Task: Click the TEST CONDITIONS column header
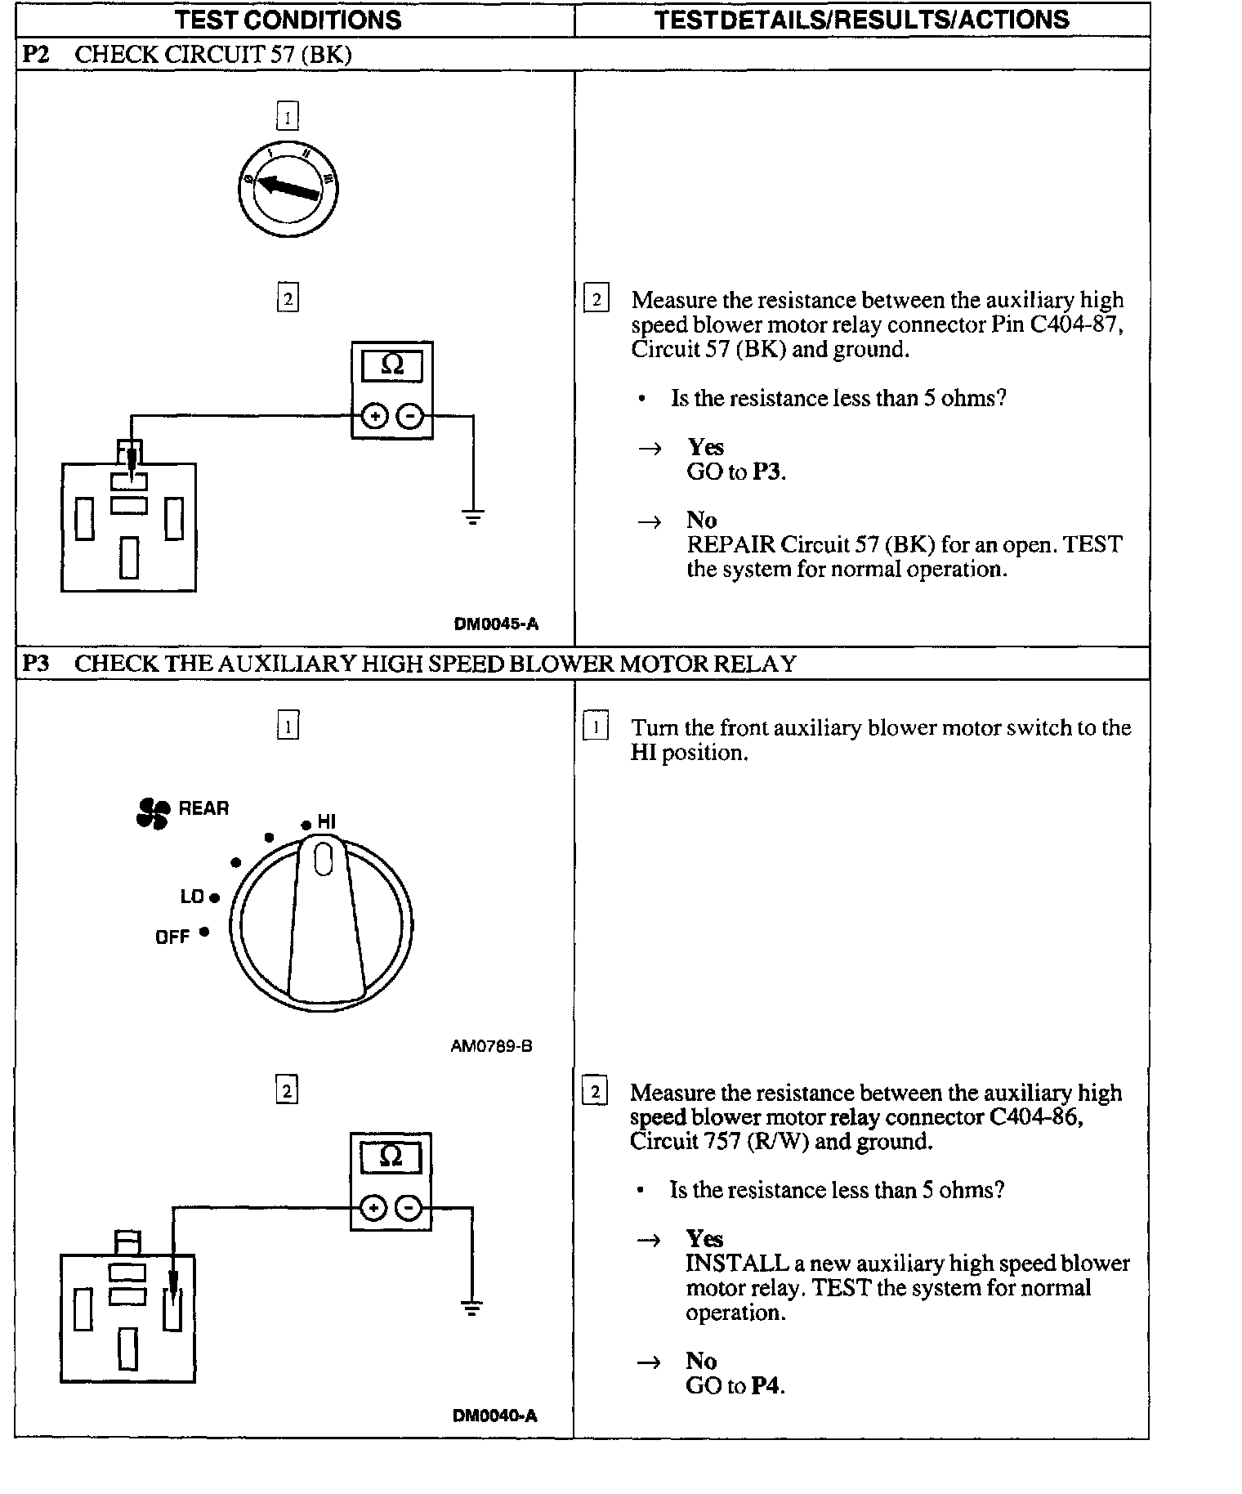tap(288, 20)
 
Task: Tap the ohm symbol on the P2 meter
tap(392, 365)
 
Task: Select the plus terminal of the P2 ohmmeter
tap(374, 417)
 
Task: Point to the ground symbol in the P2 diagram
tap(472, 517)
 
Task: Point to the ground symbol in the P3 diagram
tap(471, 1308)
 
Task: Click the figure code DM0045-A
tap(496, 624)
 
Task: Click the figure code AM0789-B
tap(491, 1046)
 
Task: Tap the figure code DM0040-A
tap(495, 1416)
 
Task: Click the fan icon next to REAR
tap(153, 812)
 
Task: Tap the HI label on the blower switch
tap(326, 822)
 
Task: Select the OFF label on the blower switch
tap(172, 937)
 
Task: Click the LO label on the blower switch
tap(192, 897)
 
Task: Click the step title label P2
tap(36, 55)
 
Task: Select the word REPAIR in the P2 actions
tap(730, 544)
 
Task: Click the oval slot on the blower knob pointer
tap(323, 860)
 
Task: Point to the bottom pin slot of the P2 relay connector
tap(129, 557)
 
